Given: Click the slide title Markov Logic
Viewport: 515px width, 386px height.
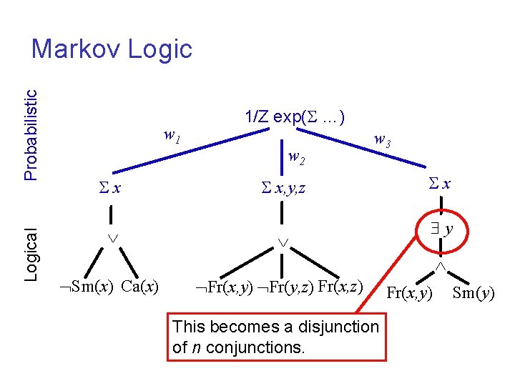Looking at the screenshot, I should coord(112,49).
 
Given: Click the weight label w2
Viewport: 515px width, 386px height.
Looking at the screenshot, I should coord(296,157).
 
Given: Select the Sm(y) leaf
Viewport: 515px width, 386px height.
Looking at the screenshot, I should coord(474,292).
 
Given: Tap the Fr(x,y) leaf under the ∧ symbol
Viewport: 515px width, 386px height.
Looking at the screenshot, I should coord(409,292).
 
